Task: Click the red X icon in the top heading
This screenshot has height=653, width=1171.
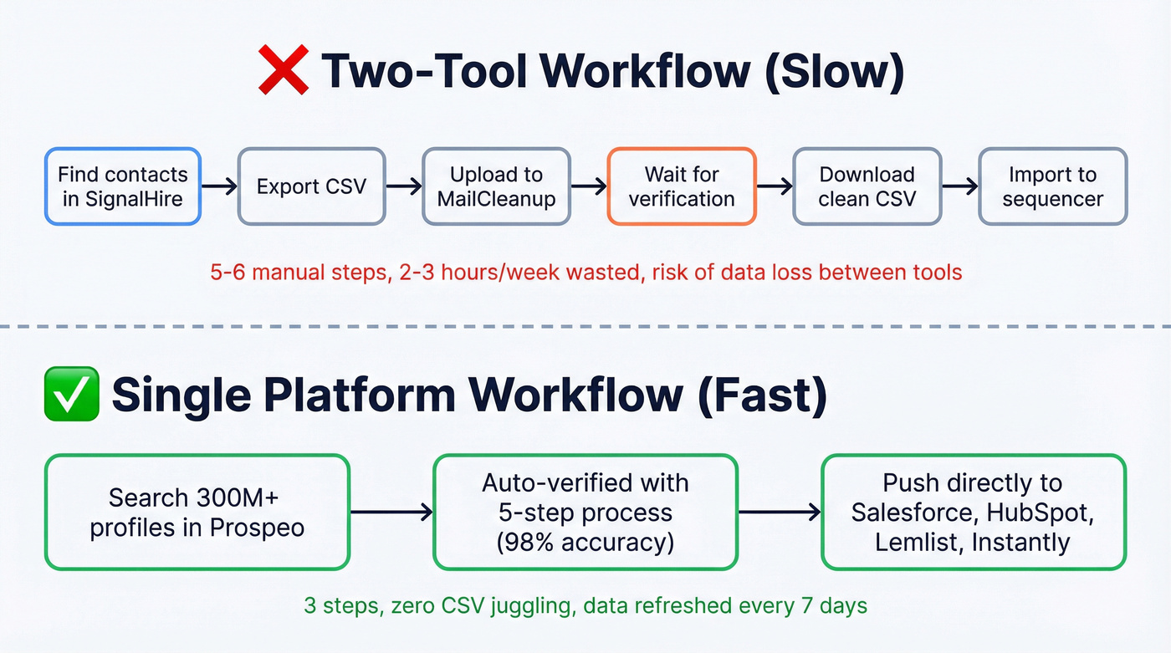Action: coord(284,70)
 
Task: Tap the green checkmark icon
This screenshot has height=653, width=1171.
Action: coord(71,396)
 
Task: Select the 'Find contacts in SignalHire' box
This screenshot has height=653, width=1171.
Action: coord(123,186)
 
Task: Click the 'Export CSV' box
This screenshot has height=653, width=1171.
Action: coord(311,186)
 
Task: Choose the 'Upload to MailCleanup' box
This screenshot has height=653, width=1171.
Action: coord(496,186)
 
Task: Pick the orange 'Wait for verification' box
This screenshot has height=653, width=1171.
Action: coord(682,186)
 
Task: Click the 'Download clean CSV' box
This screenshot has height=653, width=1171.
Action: coord(867,186)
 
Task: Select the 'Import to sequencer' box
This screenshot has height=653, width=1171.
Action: coord(1052,186)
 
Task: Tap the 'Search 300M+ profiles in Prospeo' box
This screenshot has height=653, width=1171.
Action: coord(197,513)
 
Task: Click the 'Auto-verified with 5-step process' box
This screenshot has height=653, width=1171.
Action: coord(585,513)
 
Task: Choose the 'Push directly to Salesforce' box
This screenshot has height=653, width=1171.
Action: coord(974,513)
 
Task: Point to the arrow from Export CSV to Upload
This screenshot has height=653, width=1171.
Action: coord(403,186)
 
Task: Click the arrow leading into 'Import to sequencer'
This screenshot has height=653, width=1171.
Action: coord(959,186)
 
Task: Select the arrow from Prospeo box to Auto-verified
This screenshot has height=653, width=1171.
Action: coord(391,513)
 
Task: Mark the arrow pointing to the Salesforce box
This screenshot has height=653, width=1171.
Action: coord(780,513)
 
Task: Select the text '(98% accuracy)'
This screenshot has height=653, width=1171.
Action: coord(585,542)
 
